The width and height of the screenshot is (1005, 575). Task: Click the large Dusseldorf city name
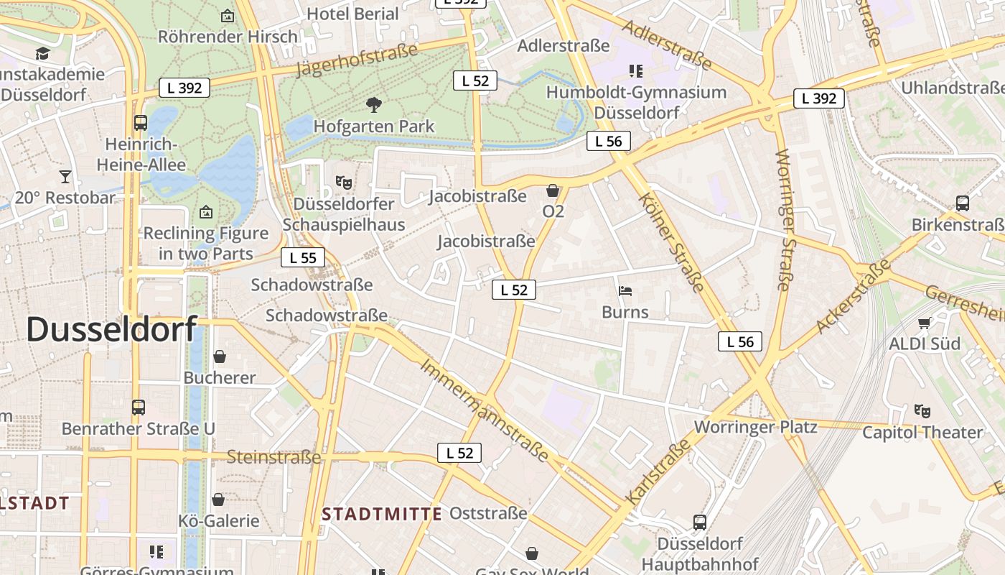[x=111, y=329]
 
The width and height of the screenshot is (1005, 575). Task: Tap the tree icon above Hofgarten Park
[x=373, y=105]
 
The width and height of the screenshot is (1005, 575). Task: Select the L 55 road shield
[x=302, y=258]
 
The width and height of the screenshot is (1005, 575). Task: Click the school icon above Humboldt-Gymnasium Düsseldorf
[x=635, y=70]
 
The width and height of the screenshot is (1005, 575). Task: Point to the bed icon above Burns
[x=625, y=291]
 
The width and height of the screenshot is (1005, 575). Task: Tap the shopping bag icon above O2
[x=553, y=190]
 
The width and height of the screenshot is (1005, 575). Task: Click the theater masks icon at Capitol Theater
[x=922, y=411]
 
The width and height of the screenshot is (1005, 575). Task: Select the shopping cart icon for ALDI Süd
[x=924, y=323]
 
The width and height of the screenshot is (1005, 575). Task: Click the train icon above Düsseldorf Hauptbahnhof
[x=700, y=523]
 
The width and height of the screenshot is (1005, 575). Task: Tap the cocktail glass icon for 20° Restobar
[x=65, y=176]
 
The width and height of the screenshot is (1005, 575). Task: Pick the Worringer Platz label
[x=755, y=427]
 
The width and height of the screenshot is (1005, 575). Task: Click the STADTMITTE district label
[x=381, y=514]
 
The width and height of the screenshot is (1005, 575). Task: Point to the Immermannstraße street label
[x=485, y=410]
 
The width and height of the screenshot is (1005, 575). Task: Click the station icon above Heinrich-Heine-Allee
[x=141, y=123]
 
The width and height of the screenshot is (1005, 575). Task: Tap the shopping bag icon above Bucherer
[x=220, y=356]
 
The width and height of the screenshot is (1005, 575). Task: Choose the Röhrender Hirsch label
[x=228, y=36]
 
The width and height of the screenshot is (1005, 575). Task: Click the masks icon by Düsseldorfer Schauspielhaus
[x=343, y=183]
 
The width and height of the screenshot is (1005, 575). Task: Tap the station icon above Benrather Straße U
[x=139, y=408]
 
